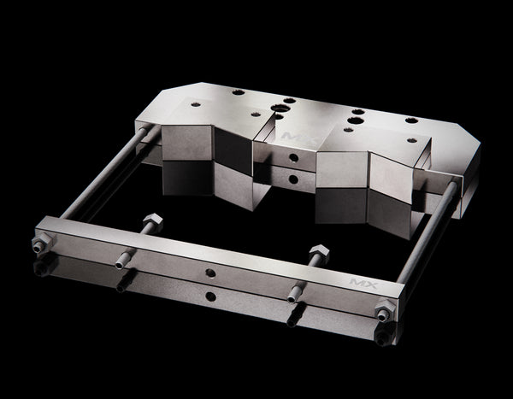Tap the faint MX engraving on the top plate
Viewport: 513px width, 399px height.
(x=290, y=134)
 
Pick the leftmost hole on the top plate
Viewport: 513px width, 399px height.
(x=197, y=104)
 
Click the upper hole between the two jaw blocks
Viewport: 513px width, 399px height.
(x=292, y=159)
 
